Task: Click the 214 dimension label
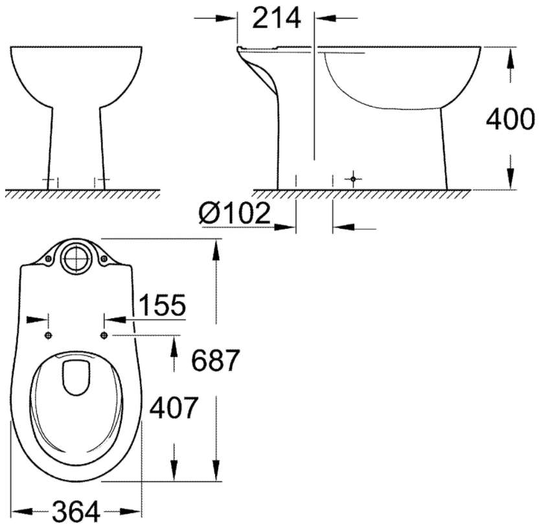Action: pos(277,19)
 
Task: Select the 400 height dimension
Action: pos(510,120)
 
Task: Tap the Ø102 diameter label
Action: pos(234,213)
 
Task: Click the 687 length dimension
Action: pos(216,360)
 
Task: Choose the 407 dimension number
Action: pos(173,408)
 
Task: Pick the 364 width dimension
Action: pos(76,513)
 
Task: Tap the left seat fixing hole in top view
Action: pos(49,334)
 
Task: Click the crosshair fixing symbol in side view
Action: pos(352,178)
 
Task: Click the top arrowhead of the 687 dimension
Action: pos(216,249)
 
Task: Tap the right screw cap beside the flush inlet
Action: pos(104,259)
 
